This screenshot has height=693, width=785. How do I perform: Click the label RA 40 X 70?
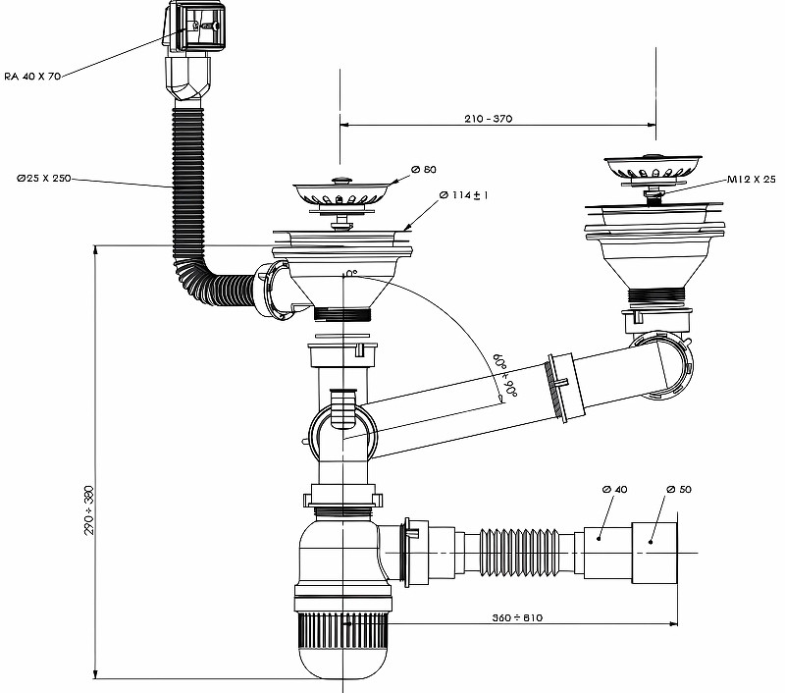pyautogui.click(x=33, y=77)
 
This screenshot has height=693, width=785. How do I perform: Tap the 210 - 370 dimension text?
pyautogui.click(x=489, y=119)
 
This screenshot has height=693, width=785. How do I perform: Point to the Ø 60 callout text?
pyautogui.click(x=423, y=170)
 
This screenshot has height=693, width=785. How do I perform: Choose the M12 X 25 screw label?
pyautogui.click(x=752, y=180)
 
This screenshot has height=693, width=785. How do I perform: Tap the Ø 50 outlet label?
pyautogui.click(x=678, y=489)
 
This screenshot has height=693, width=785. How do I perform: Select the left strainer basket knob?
pyautogui.click(x=341, y=180)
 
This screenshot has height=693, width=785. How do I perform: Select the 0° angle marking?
pyautogui.click(x=349, y=274)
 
